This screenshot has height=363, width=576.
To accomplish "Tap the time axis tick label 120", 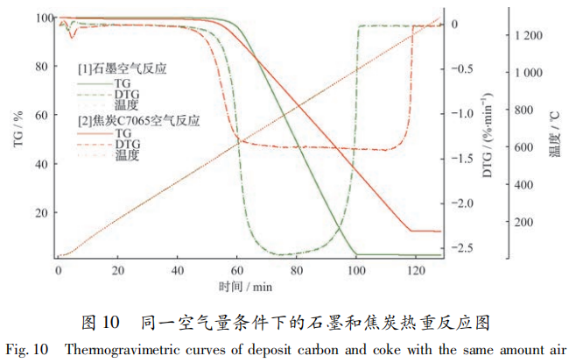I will [416, 270].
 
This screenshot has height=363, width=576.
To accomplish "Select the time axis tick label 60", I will [236, 270].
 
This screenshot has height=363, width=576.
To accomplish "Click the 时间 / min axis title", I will [248, 286].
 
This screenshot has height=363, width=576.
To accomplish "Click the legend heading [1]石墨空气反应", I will [122, 68].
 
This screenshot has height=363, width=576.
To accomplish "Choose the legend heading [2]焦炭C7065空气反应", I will [138, 121].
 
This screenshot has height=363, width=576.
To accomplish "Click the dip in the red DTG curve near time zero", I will [74, 35].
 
